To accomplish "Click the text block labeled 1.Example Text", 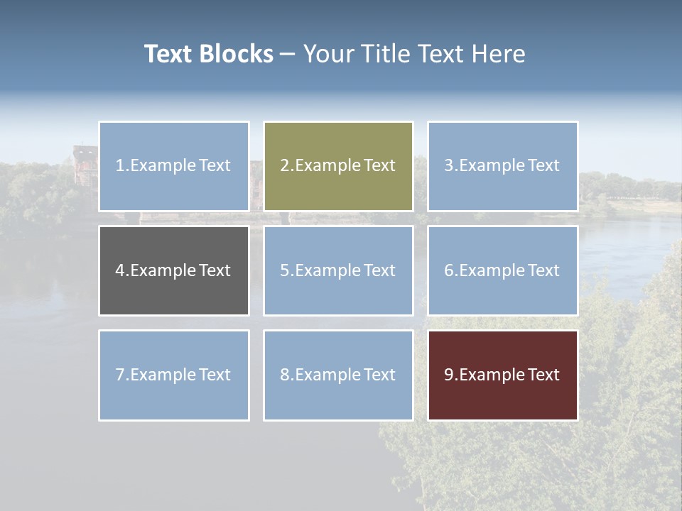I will pyautogui.click(x=173, y=166).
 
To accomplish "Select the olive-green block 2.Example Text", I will pyautogui.click(x=338, y=166).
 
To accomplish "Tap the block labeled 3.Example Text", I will pyautogui.click(x=502, y=166).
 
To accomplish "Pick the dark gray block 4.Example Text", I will pyautogui.click(x=173, y=270).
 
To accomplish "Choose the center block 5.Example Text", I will pyautogui.click(x=338, y=270).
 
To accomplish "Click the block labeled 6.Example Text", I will pyautogui.click(x=502, y=270).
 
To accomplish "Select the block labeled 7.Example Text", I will pyautogui.click(x=173, y=375).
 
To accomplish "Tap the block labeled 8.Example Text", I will pyautogui.click(x=338, y=375).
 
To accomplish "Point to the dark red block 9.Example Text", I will pyautogui.click(x=502, y=375).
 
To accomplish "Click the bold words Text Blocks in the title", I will pyautogui.click(x=208, y=54).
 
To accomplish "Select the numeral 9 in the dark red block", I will pyautogui.click(x=448, y=375).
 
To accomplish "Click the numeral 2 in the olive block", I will pyautogui.click(x=284, y=166).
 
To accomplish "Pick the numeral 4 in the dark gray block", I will pyautogui.click(x=119, y=270).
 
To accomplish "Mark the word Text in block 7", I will pyautogui.click(x=214, y=375).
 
